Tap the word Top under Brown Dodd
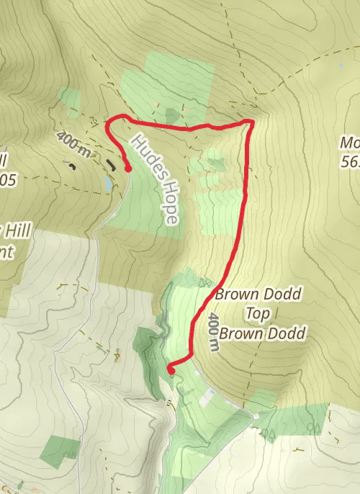pos(258,314)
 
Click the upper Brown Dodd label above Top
pos(258,295)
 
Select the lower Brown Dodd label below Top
pos(263,333)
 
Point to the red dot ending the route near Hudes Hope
pos(128,169)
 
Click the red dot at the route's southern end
pos(171,370)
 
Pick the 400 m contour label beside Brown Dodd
pos(212,331)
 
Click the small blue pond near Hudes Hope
pos(107,184)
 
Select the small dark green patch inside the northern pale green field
pos(173,115)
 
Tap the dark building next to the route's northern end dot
pos(110,164)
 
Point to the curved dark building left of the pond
pos(73,165)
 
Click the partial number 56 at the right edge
pos(351,162)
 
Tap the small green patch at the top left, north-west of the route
pos(70,102)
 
